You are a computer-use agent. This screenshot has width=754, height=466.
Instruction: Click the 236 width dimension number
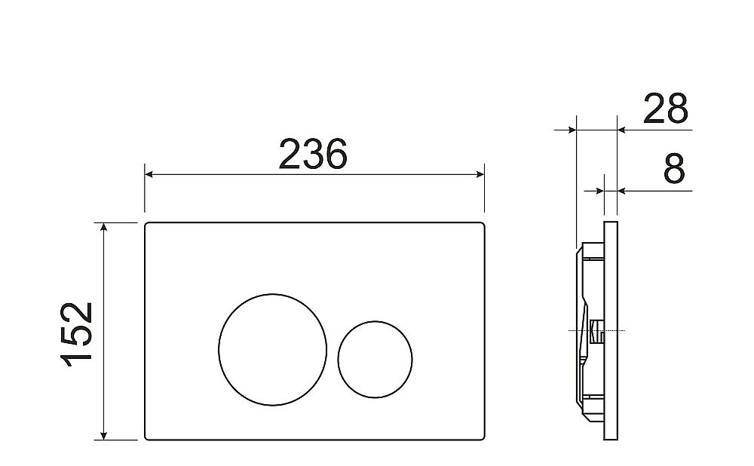click(x=313, y=155)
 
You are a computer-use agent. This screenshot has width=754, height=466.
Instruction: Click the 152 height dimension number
click(x=77, y=334)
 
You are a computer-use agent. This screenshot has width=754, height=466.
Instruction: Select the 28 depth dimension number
click(x=666, y=109)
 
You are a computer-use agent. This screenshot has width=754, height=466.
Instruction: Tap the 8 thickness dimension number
click(x=673, y=169)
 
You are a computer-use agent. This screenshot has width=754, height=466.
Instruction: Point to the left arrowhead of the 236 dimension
click(x=149, y=174)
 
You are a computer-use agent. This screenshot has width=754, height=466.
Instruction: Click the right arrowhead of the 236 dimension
click(x=480, y=174)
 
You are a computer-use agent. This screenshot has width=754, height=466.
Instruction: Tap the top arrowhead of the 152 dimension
click(x=103, y=227)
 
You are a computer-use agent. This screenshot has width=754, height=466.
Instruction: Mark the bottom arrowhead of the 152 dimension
click(x=103, y=435)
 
